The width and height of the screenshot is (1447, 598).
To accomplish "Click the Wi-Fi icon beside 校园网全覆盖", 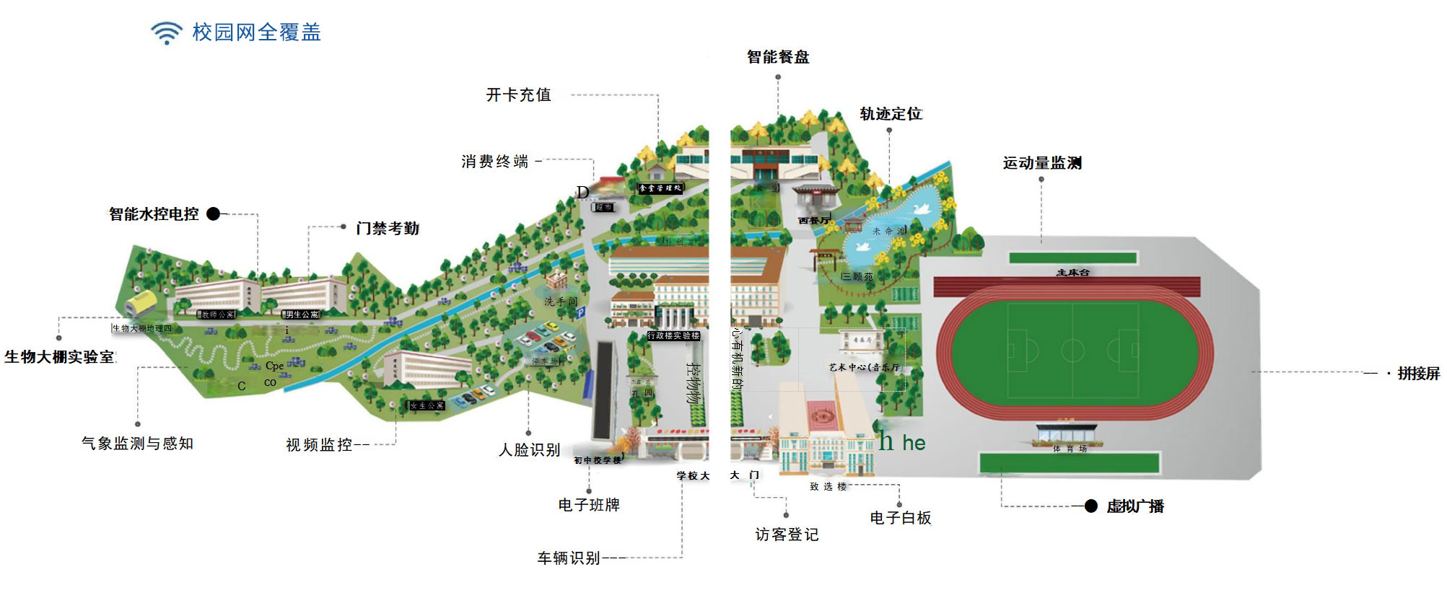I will (167, 32).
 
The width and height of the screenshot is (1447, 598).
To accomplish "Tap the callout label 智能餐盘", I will (778, 57).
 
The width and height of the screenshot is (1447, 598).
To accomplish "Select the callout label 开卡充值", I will (518, 95).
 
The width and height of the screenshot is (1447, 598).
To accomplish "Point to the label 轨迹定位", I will (891, 114).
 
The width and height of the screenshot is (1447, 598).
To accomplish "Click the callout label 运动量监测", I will (1041, 163).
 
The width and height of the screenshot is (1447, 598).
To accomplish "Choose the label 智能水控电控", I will (154, 214).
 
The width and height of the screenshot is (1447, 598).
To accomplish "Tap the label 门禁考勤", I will (387, 229).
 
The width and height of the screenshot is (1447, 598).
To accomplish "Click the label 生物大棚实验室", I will (59, 357).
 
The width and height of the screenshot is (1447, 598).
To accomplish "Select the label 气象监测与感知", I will (137, 444).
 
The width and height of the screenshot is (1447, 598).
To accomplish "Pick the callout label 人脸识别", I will (529, 450).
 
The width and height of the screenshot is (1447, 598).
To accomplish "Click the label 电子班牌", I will (589, 505).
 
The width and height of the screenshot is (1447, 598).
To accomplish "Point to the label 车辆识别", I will (569, 558).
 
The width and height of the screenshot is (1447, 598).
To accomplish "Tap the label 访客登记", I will (787, 535).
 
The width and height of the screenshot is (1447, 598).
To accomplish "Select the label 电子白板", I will (900, 518).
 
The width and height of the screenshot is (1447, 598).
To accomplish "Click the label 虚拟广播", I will (1135, 506).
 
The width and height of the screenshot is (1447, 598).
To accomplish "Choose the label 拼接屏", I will (1418, 374).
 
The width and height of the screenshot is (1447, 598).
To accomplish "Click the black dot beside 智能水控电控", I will (213, 214).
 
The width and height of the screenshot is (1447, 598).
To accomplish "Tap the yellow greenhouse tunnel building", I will (141, 304).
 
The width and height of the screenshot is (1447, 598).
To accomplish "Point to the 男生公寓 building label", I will (301, 315).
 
